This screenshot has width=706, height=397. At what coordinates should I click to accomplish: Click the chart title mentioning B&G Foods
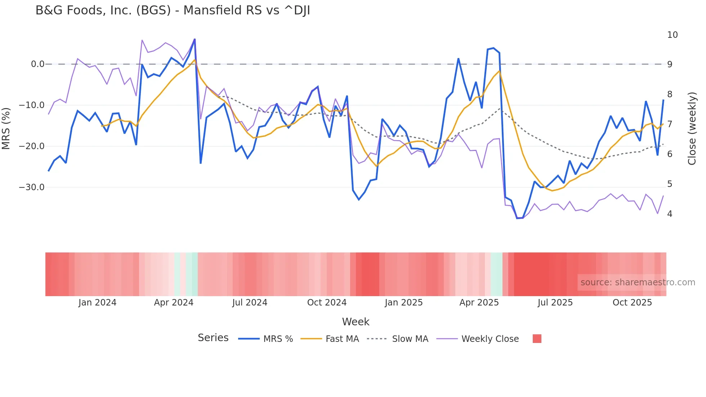pyautogui.click(x=173, y=10)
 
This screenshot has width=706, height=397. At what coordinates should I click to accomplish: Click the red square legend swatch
pyautogui.click(x=537, y=339)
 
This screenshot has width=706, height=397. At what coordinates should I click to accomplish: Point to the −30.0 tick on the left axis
pyautogui.click(x=32, y=187)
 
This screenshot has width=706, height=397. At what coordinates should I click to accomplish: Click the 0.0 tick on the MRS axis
pyautogui.click(x=37, y=64)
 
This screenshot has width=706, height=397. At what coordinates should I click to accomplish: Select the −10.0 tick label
pyautogui.click(x=32, y=105)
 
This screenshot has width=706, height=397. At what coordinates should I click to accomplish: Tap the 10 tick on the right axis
pyautogui.click(x=672, y=35)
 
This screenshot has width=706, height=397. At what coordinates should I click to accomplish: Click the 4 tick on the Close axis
pyautogui.click(x=670, y=214)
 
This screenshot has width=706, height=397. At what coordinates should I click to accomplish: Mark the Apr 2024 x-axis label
pyautogui.click(x=174, y=303)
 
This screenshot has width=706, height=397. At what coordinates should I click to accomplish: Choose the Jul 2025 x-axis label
pyautogui.click(x=555, y=303)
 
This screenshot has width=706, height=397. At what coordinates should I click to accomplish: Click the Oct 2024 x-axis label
pyautogui.click(x=327, y=303)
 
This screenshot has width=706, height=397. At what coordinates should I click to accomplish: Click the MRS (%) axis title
pyautogui.click(x=6, y=128)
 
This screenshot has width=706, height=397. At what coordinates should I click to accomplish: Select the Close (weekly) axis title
pyautogui.click(x=692, y=128)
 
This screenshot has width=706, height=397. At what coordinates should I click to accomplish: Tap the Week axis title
pyautogui.click(x=356, y=322)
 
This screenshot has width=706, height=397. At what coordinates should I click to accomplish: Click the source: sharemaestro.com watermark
pyautogui.click(x=638, y=282)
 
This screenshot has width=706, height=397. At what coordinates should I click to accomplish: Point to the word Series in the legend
pyautogui.click(x=213, y=338)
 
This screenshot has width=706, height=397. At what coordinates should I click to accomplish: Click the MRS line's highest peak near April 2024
pyautogui.click(x=195, y=39)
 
